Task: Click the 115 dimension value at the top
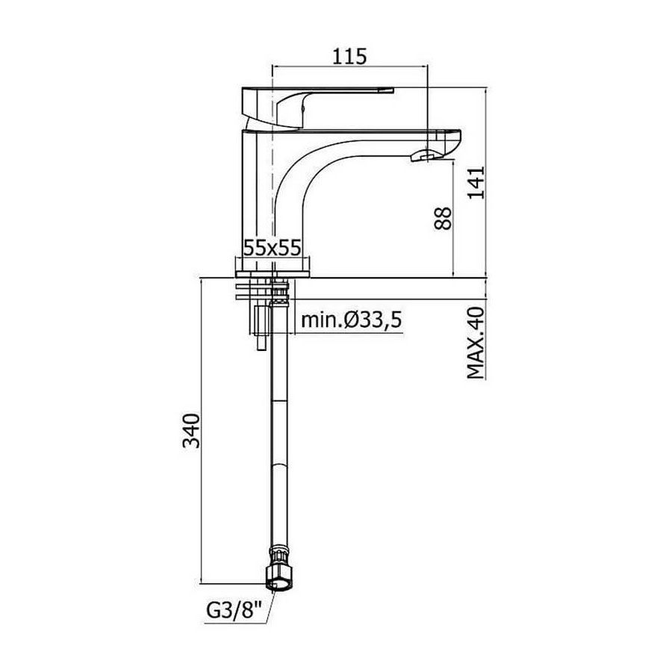click(x=349, y=56)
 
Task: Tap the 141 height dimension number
click(x=476, y=183)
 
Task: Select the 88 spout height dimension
click(x=442, y=219)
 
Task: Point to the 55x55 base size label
click(x=272, y=247)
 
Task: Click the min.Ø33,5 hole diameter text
click(x=352, y=320)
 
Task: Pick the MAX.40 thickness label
click(x=476, y=343)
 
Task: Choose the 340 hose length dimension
click(x=191, y=431)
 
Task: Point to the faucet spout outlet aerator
click(x=422, y=155)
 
